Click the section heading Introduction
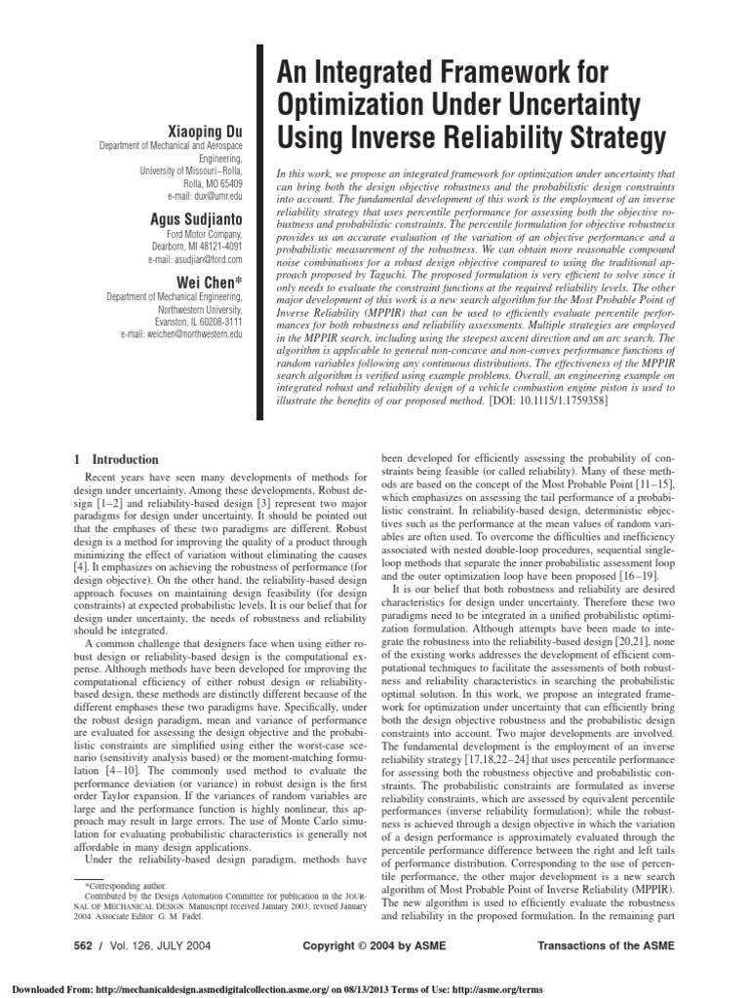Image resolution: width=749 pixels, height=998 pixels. (124, 459)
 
